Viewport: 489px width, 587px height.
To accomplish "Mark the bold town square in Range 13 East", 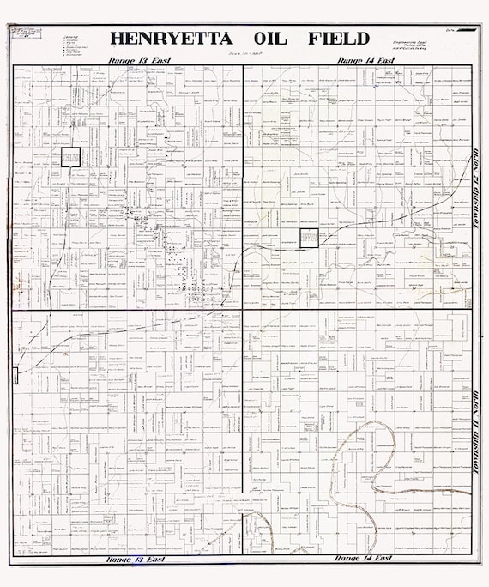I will [x=69, y=157].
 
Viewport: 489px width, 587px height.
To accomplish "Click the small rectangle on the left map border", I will [x=14, y=376].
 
